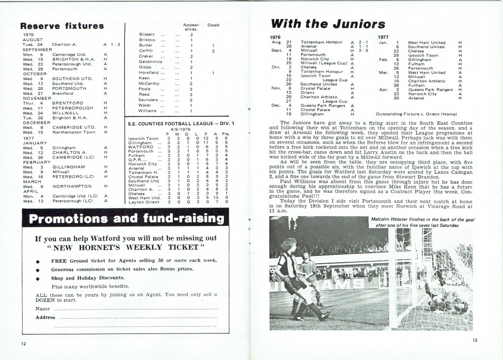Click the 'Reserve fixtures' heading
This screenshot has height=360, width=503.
point(62,26)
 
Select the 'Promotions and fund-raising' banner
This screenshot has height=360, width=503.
point(126,219)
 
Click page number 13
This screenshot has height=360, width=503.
point(475,340)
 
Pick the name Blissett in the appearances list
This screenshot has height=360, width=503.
point(147,34)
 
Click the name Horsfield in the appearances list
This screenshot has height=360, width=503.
point(149,73)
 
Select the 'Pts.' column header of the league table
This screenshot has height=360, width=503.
point(225,134)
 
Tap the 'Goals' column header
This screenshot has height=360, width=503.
point(214,25)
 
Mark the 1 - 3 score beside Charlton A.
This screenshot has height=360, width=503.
point(115,44)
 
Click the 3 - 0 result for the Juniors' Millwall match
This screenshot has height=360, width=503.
point(363,51)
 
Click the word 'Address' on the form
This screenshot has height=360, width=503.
point(45,317)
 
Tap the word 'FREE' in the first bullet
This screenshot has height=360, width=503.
point(59,260)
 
